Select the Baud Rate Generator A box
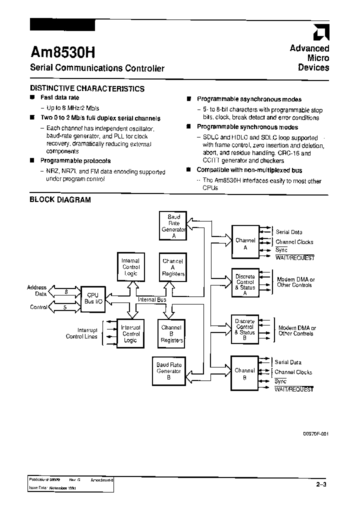[172, 226]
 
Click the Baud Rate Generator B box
[169, 371]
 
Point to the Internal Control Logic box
[130, 267]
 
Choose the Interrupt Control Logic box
[130, 334]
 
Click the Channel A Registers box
[172, 267]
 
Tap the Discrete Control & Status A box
[245, 282]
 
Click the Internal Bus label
[151, 299]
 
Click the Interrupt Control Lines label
[81, 333]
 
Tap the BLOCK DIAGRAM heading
[60, 199]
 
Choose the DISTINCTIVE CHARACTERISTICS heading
[87, 88]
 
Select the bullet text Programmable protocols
[75, 161]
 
